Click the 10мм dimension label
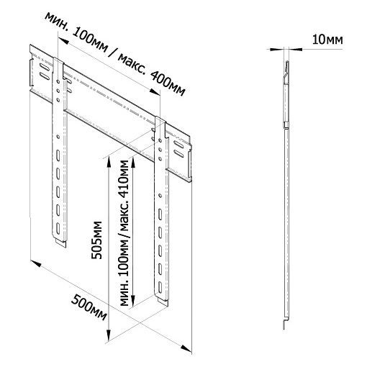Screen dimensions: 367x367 (327, 40)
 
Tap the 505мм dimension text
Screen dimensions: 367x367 (97, 240)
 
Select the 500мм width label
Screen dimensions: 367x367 (89, 308)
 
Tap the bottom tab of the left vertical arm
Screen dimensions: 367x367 (60, 243)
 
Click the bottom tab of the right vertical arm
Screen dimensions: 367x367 (162, 302)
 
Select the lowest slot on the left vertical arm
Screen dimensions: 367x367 (58, 228)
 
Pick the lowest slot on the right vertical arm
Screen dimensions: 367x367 (160, 287)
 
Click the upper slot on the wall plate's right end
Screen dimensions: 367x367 (178, 145)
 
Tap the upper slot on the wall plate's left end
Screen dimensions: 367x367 (45, 67)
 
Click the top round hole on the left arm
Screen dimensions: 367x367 (58, 82)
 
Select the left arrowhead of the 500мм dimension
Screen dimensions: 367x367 (35, 263)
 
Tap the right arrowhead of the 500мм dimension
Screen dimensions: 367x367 (186, 348)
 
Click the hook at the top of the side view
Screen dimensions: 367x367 (286, 71)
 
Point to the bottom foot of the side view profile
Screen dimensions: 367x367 (285, 324)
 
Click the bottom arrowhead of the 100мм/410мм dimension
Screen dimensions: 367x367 (133, 301)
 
